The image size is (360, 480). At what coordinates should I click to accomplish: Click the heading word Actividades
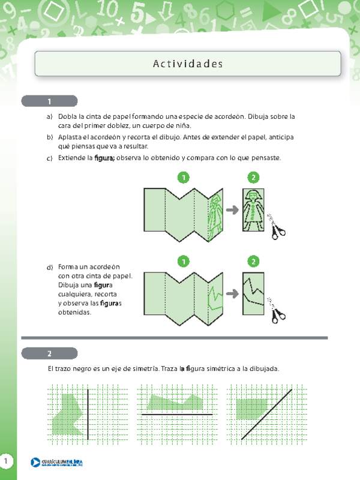click(188, 64)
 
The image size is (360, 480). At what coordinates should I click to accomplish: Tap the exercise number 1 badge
click(49, 101)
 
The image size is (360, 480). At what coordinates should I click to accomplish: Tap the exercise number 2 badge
click(49, 353)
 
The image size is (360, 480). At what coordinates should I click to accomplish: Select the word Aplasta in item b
click(70, 137)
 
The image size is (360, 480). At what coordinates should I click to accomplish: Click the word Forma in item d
click(68, 266)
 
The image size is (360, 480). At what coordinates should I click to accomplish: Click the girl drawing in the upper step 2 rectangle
click(253, 209)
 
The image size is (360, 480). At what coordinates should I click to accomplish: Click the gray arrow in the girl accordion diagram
click(232, 210)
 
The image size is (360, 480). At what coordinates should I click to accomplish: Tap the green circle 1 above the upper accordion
click(184, 178)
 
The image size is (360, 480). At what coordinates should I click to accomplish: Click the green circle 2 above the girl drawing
click(253, 178)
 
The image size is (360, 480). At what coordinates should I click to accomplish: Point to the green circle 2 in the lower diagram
click(253, 261)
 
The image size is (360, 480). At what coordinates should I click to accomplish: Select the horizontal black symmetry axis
click(177, 415)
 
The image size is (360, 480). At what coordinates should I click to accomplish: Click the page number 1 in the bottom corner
click(5, 461)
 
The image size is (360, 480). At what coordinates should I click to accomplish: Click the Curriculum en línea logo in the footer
click(57, 462)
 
